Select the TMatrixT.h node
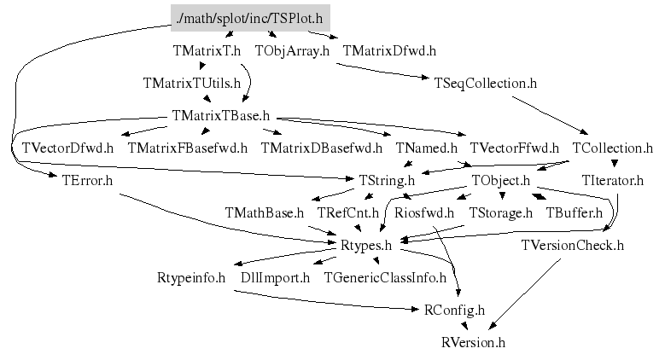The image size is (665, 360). [x=207, y=50]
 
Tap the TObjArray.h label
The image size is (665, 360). [x=292, y=50]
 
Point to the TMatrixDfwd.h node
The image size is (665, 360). [x=388, y=50]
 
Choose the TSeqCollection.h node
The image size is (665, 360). [x=485, y=83]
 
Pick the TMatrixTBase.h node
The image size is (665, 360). [x=220, y=115]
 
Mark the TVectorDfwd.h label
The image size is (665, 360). [x=67, y=148]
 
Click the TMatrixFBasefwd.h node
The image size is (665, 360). [x=188, y=148]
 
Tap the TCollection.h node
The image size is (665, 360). [x=612, y=148]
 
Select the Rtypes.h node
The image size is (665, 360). [x=365, y=245]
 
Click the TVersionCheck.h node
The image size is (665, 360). [x=573, y=245]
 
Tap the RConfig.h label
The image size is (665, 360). [x=454, y=310]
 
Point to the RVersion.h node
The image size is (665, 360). [x=474, y=342]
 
